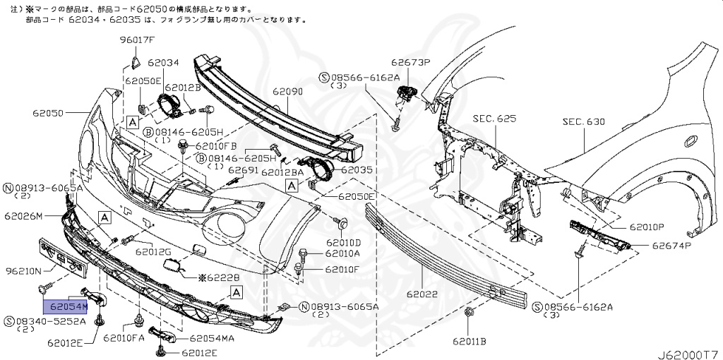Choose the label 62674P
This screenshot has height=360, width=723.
(671, 246)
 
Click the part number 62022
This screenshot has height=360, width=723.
(422, 294)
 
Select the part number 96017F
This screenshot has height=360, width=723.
(136, 40)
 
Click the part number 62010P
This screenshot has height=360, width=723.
(647, 227)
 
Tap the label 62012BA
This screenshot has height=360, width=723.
(282, 172)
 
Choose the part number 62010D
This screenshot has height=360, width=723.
(343, 242)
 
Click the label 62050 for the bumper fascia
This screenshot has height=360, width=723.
(48, 112)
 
